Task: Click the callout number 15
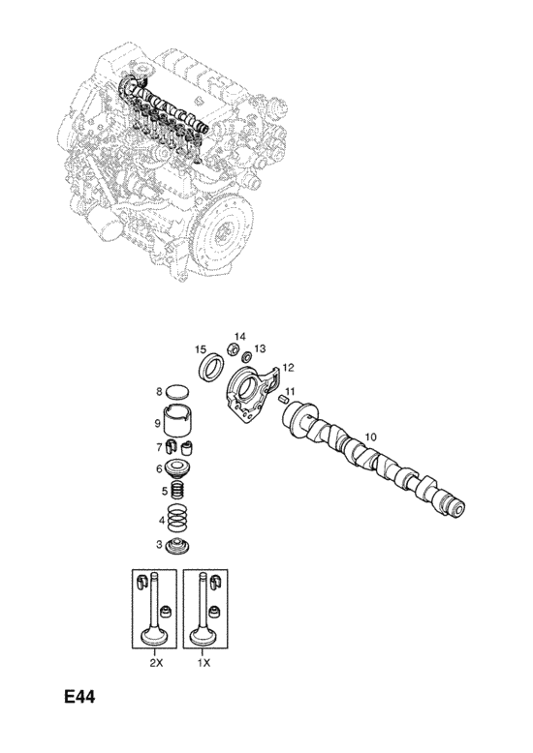[x=201, y=349]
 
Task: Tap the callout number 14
[x=240, y=336]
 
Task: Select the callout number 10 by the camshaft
[x=371, y=437]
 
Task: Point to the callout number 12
[x=288, y=368]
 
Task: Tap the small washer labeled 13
[x=247, y=357]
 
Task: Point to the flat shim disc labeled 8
[x=177, y=392]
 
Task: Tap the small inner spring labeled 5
[x=178, y=491]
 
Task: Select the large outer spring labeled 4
[x=178, y=519]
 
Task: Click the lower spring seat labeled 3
[x=177, y=547]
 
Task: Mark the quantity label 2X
[x=156, y=663]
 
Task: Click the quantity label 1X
[x=204, y=663]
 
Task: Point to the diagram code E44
[x=79, y=697]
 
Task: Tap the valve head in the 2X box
[x=154, y=638]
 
